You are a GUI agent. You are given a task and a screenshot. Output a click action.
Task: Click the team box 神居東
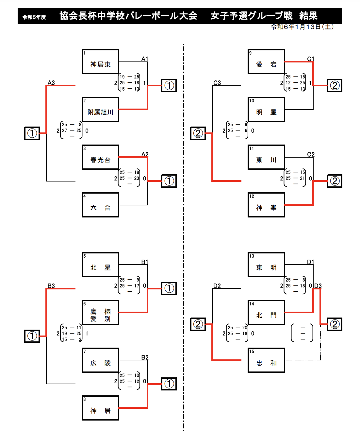tap(100, 62)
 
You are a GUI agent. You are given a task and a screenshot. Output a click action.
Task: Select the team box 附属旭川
tap(100, 110)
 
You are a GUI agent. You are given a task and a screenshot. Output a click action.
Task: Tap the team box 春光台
tap(100, 157)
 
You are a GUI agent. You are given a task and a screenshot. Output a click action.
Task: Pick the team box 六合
tap(100, 205)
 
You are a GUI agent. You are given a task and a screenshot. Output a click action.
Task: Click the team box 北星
tap(100, 265)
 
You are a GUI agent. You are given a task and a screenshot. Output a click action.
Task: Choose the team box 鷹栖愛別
tap(100, 313)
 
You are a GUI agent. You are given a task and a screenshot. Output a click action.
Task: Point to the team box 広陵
tap(100, 360)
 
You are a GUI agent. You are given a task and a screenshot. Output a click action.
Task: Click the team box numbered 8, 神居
tap(100, 408)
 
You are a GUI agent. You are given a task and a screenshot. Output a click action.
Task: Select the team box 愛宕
tap(266, 62)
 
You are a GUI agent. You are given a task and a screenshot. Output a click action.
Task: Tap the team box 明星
tap(266, 110)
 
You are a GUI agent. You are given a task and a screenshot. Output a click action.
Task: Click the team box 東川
tap(266, 157)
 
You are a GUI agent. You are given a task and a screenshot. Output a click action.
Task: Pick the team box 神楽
tap(266, 205)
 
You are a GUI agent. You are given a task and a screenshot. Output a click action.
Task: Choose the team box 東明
tap(266, 265)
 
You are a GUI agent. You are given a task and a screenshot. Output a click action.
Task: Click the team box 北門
tap(266, 313)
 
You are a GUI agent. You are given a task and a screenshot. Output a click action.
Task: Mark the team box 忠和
tap(266, 360)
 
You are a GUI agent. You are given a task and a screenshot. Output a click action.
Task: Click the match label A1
tap(145, 59)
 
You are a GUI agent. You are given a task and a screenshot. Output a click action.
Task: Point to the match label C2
tap(311, 154)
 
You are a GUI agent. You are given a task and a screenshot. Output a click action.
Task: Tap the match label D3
tap(318, 286)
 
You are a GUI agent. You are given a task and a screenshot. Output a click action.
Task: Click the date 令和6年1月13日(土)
tap(302, 27)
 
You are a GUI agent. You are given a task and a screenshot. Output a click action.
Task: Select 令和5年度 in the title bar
tap(34, 17)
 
